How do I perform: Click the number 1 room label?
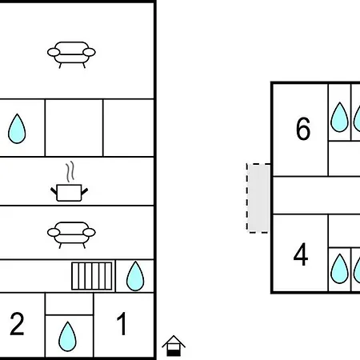[122, 323]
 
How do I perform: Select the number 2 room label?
[17, 324]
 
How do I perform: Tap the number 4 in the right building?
[301, 254]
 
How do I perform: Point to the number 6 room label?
[303, 129]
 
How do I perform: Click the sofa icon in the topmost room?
[71, 54]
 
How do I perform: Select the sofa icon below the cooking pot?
[71, 234]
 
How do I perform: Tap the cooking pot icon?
[69, 193]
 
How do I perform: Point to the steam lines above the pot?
[70, 171]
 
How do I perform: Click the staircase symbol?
[92, 276]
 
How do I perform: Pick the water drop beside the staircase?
[135, 276]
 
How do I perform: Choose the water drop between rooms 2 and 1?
[67, 337]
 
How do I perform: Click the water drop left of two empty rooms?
[17, 129]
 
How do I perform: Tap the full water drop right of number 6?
[339, 117]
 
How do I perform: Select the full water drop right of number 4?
[339, 269]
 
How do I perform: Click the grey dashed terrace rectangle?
[258, 198]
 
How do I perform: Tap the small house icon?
[174, 346]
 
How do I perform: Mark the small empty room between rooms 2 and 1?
[70, 304]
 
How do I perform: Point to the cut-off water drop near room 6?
[357, 118]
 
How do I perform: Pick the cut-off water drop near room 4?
[357, 270]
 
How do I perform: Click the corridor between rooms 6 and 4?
[317, 195]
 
